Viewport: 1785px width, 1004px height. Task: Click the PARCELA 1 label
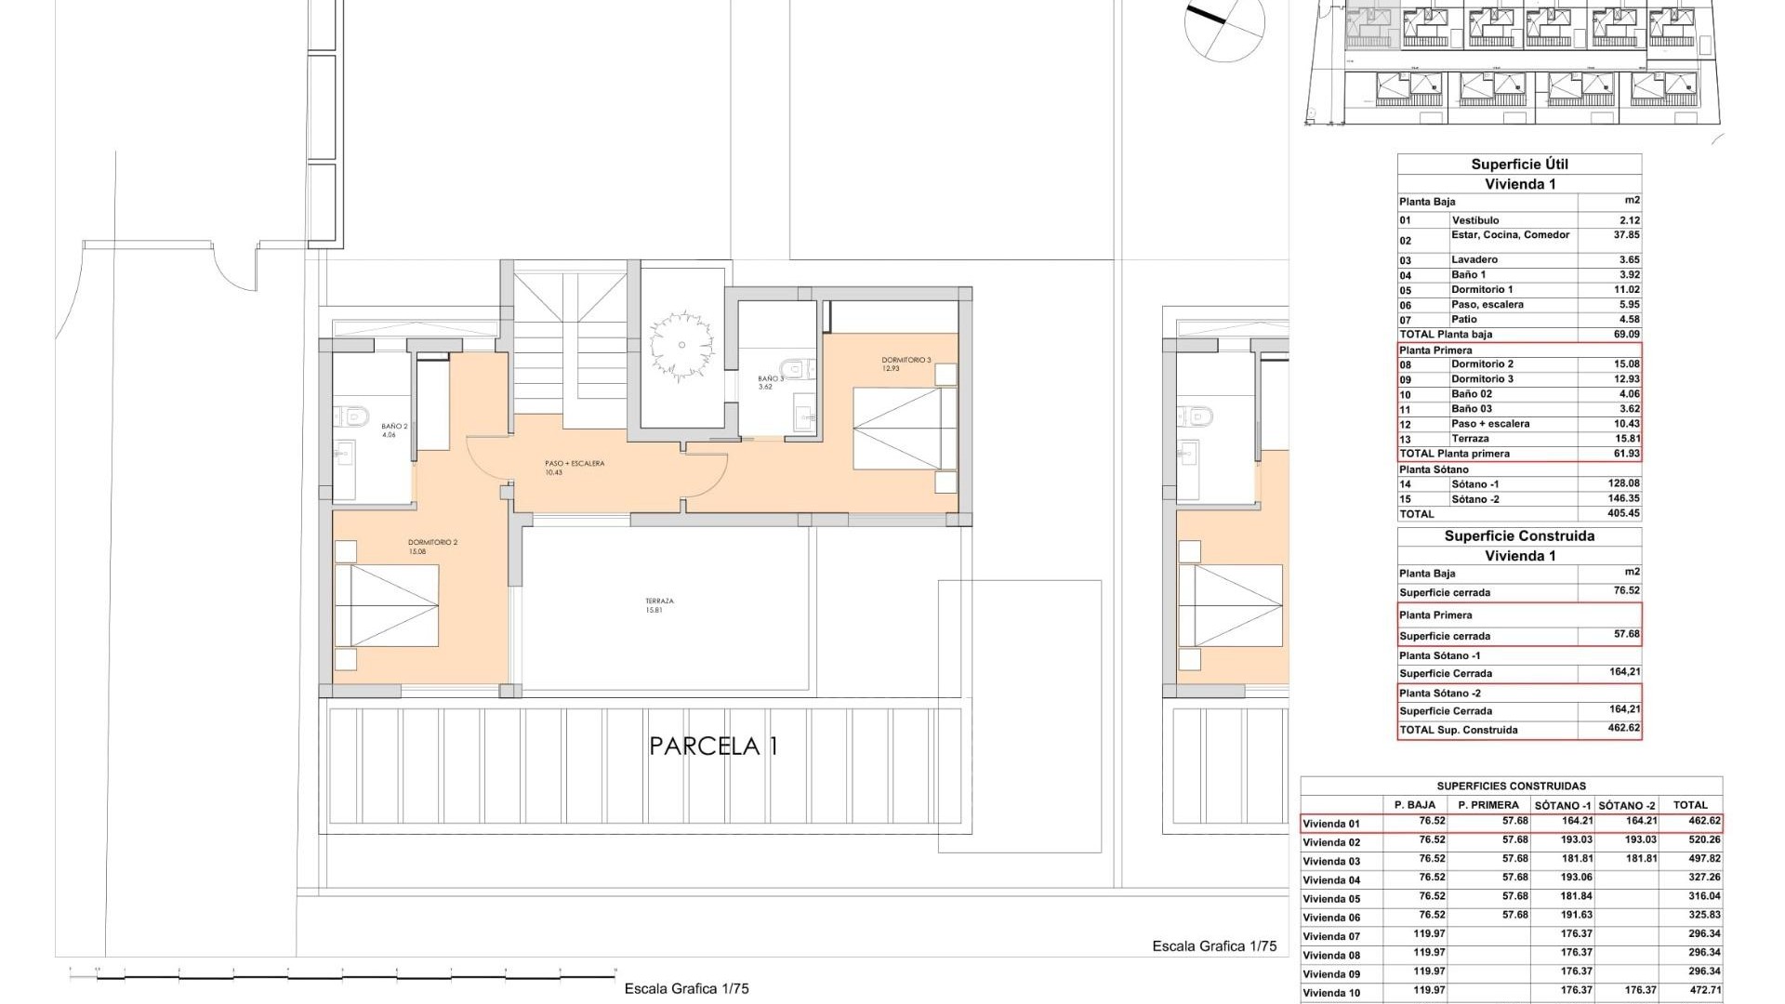(x=713, y=746)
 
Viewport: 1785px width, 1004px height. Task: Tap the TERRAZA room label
(x=658, y=605)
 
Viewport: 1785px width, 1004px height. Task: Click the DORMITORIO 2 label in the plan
(x=432, y=547)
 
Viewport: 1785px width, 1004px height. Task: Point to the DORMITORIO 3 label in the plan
(x=905, y=363)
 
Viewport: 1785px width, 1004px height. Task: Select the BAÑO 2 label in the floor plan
(x=394, y=429)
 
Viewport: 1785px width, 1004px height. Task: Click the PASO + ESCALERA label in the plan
(x=575, y=467)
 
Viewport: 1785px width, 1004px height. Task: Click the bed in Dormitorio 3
(x=897, y=429)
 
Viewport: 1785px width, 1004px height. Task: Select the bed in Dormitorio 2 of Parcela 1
(x=387, y=605)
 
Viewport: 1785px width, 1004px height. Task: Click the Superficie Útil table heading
(x=1519, y=165)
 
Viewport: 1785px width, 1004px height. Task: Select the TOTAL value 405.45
(x=1623, y=514)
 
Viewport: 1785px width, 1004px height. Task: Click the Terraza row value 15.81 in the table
(x=1625, y=439)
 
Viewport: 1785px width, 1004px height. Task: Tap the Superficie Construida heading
(x=1519, y=536)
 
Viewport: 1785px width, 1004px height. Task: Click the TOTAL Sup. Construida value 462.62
(x=1624, y=729)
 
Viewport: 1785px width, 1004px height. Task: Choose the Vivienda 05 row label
(x=1331, y=899)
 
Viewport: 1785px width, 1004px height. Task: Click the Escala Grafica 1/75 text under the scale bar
(x=686, y=988)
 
